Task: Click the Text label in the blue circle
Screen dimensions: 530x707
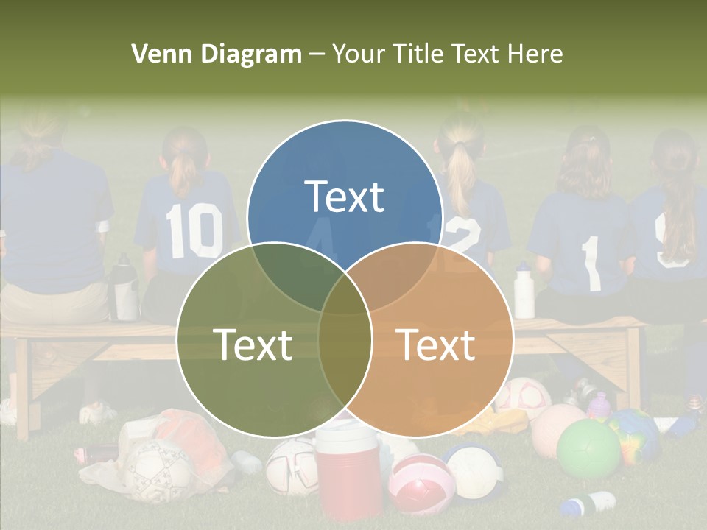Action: coord(344,197)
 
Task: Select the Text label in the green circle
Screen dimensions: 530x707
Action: coord(253,344)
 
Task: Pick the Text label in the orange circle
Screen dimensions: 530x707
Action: coord(436,344)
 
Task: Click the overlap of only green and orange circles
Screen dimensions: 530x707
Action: coord(345,353)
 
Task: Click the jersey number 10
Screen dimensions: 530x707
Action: coord(194,230)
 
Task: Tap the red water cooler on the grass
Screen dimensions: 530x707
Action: coord(348,471)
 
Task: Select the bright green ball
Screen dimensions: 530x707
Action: coord(588,449)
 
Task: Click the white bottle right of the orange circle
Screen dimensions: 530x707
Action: coord(524,290)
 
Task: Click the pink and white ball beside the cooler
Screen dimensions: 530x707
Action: coord(421,484)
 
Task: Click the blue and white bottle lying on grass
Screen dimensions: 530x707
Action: coord(588,504)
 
